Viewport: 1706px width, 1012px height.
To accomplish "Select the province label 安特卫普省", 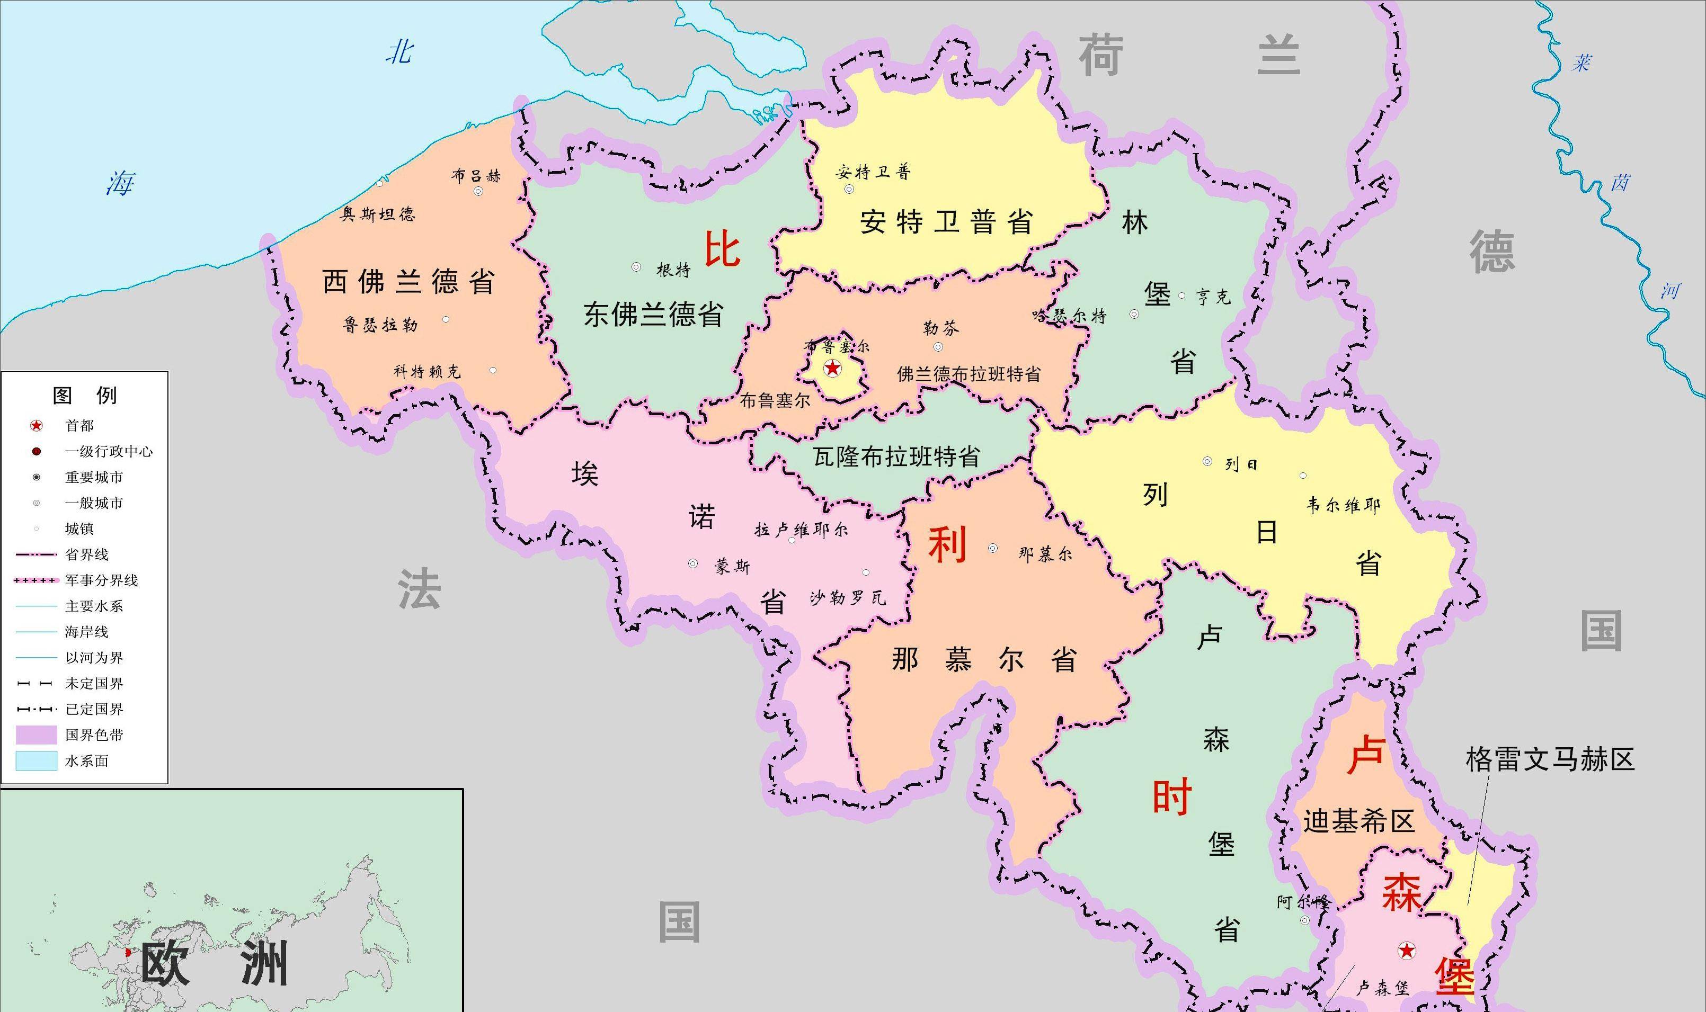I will (x=945, y=222).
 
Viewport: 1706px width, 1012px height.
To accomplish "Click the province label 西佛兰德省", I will (x=408, y=282).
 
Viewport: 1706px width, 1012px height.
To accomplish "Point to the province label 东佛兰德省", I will (x=653, y=315).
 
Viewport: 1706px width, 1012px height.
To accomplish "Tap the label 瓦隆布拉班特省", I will (x=896, y=456).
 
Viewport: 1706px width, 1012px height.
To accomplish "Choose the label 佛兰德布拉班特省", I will (x=968, y=374).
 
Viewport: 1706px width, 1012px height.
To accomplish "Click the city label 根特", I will (x=673, y=270).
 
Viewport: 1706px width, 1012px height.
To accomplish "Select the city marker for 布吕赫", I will (x=478, y=192).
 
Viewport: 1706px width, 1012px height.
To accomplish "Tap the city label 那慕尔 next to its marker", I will (x=1044, y=554).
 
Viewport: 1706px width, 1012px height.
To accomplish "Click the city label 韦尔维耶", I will (x=1343, y=505).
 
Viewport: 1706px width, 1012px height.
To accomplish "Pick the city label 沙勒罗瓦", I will (x=848, y=598).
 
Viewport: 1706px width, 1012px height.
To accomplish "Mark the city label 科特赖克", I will (x=427, y=372).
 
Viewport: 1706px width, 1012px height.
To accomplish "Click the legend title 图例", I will (x=85, y=395).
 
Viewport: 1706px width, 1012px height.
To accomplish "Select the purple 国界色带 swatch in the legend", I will (x=36, y=735).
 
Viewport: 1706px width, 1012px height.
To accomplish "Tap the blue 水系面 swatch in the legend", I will (x=36, y=760).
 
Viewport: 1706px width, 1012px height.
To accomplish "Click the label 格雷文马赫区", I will (x=1550, y=759).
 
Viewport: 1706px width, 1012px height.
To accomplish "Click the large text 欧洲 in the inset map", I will (x=214, y=964).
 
